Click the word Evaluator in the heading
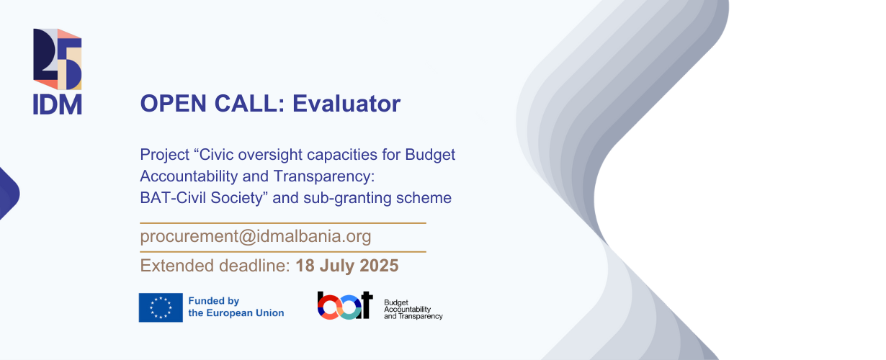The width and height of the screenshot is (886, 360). [346, 104]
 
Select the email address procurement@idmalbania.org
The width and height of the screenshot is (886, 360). [256, 236]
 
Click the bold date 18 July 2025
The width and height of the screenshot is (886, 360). [347, 266]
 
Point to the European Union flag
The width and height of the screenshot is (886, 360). [161, 307]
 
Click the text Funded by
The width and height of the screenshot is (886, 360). [214, 301]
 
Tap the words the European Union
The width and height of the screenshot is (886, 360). [236, 313]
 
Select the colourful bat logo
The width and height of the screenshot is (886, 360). [345, 305]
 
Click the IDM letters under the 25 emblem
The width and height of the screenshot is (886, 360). [58, 104]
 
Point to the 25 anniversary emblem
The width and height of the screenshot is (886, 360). [58, 59]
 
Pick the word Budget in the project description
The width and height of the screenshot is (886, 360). [430, 155]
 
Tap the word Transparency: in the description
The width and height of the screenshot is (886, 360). [324, 176]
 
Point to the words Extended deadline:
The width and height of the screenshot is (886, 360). [215, 266]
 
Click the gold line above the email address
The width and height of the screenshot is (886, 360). [283, 223]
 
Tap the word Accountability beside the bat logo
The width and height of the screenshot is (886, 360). [408, 310]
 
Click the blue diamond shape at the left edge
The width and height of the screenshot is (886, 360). [9, 194]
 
